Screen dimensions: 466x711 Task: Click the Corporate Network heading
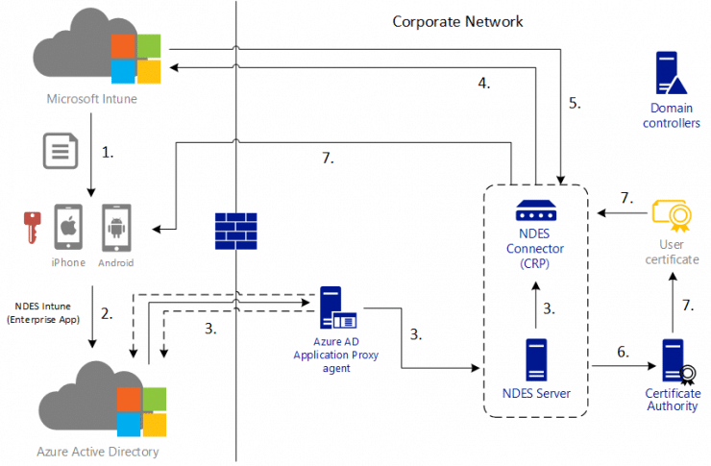coord(457,21)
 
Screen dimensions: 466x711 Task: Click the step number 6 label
coord(623,352)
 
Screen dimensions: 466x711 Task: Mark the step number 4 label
coord(484,84)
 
